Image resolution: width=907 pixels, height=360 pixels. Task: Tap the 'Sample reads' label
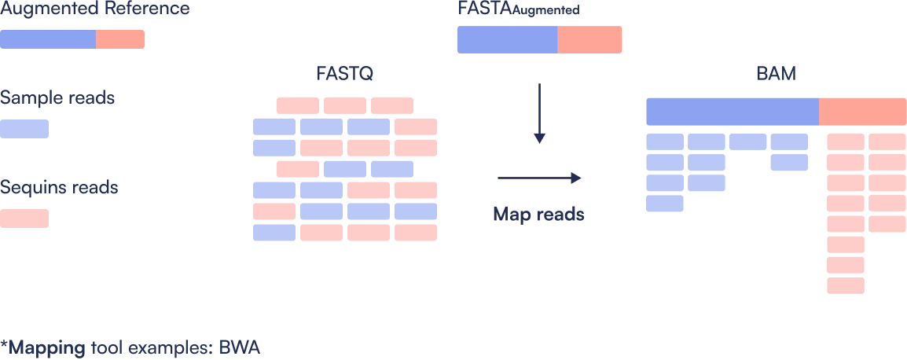(x=57, y=98)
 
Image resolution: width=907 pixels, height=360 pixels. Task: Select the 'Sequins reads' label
(x=59, y=188)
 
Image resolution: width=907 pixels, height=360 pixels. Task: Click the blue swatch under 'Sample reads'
(x=24, y=129)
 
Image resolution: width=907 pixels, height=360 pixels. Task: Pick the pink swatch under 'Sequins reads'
(x=24, y=219)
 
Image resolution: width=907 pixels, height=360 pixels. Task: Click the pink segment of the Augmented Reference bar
(x=120, y=39)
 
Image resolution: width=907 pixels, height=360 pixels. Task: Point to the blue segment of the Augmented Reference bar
(x=48, y=39)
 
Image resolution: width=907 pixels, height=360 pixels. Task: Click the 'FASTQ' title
(x=345, y=75)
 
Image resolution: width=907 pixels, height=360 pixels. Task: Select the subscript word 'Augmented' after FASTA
(x=545, y=13)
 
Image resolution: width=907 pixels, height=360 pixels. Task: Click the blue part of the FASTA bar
(x=508, y=39)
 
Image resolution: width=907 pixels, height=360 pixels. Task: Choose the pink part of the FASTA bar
(x=589, y=39)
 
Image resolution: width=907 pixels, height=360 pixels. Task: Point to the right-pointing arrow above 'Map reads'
(x=539, y=178)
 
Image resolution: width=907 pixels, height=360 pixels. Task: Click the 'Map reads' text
(x=539, y=214)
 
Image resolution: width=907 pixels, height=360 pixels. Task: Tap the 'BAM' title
(x=776, y=75)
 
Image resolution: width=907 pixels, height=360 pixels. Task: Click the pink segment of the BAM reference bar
(x=863, y=112)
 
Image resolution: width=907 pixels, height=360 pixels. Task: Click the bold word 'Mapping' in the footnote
(x=46, y=347)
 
